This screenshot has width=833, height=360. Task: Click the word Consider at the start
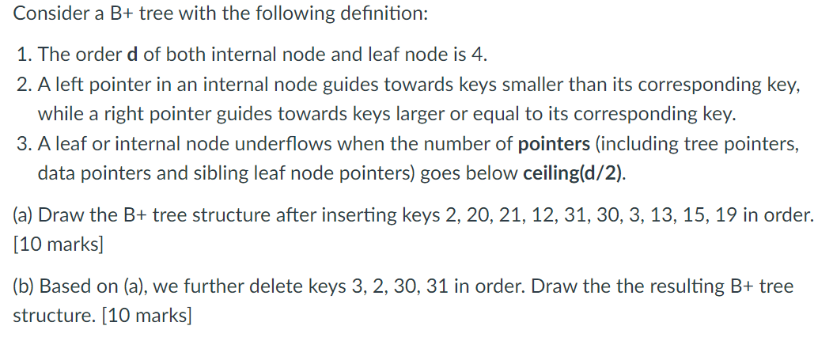(47, 14)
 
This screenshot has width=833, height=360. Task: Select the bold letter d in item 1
(131, 55)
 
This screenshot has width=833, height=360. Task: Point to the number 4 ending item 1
(481, 55)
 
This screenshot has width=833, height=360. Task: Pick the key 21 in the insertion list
(548, 214)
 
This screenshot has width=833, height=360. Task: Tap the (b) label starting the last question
(24, 286)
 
